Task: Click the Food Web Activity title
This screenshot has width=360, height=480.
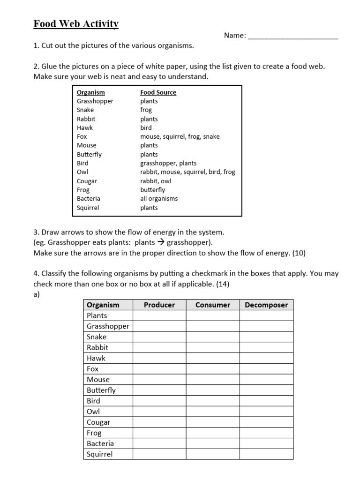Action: point(76,24)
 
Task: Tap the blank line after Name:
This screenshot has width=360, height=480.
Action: point(292,36)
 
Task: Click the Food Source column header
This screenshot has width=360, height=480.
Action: point(158,92)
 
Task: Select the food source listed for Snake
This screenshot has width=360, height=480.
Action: point(146,110)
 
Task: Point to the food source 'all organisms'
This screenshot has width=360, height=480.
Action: point(159,199)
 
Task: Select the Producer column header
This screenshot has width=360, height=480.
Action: point(159,305)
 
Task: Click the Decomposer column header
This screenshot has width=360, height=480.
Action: point(266,305)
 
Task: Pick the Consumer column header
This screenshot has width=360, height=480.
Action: point(213,305)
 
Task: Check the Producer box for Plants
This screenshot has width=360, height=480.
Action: point(159,315)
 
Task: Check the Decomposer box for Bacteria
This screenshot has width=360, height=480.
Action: point(266,443)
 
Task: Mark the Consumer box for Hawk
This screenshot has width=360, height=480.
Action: point(213,358)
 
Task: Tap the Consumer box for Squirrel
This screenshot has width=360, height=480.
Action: point(213,454)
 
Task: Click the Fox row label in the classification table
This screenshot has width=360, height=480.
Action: point(93,369)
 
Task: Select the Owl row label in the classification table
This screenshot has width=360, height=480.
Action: point(94,412)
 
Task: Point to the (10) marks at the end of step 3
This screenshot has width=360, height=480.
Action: point(299,253)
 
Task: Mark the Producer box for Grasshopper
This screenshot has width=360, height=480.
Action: point(159,326)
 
